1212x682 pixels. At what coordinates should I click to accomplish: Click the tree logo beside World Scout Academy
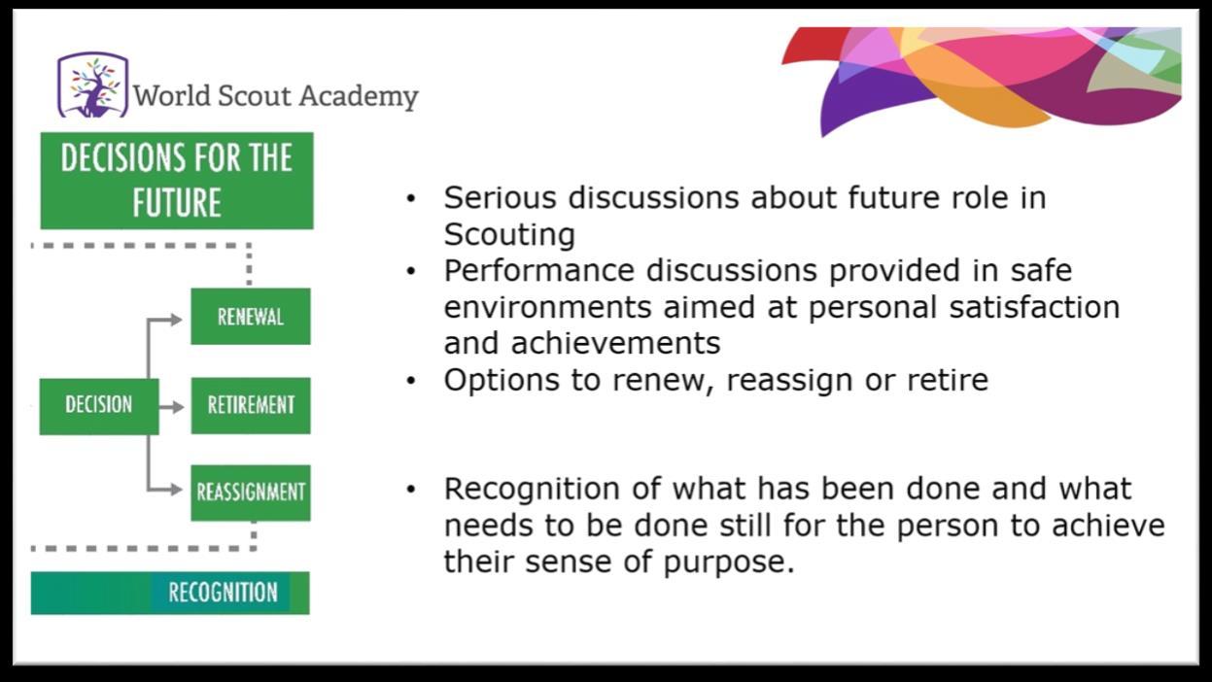(x=93, y=85)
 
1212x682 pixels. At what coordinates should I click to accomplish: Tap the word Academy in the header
(x=359, y=97)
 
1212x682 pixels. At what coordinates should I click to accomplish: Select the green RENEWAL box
(x=251, y=317)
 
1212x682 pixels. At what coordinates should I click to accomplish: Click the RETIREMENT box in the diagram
(x=251, y=406)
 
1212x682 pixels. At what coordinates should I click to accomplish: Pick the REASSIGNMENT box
(x=251, y=493)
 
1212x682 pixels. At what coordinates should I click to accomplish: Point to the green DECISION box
(x=99, y=406)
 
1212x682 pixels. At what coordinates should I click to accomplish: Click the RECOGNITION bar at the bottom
(x=170, y=593)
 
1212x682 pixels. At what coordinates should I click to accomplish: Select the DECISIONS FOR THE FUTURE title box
(x=177, y=181)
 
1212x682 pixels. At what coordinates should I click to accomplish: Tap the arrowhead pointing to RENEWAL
(x=176, y=320)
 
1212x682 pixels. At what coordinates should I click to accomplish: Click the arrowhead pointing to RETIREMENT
(x=178, y=407)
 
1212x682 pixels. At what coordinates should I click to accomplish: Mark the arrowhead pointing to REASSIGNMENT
(x=176, y=490)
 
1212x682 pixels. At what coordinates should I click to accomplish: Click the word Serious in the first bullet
(x=500, y=197)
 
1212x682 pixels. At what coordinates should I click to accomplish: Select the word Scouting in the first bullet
(x=509, y=235)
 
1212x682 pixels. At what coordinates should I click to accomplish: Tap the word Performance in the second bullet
(x=538, y=270)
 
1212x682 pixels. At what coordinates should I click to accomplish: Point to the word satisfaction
(x=1034, y=307)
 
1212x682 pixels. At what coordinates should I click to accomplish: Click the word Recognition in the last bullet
(x=532, y=490)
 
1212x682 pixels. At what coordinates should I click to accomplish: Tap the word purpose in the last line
(x=729, y=563)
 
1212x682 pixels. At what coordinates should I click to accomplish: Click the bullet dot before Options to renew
(x=411, y=381)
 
